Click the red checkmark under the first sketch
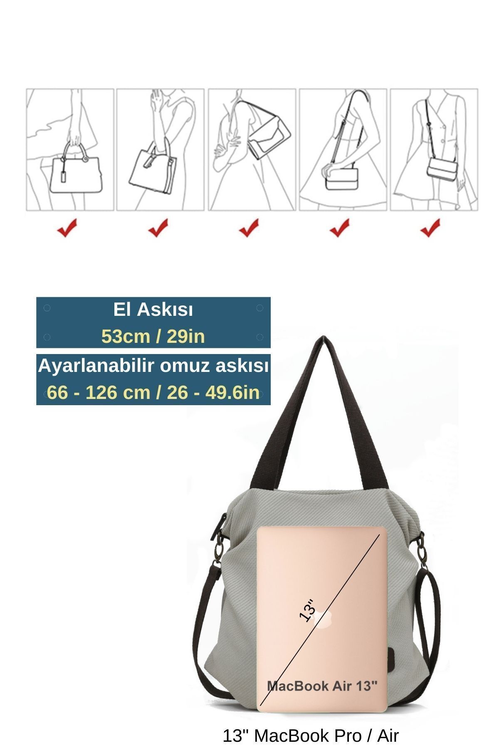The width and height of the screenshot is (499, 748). pos(67,228)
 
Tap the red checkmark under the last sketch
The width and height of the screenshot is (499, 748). pos(430,228)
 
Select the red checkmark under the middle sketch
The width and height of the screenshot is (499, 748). pos(249,228)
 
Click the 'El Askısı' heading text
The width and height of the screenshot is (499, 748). pos(153,310)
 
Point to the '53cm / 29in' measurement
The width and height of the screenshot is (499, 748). pos(153,336)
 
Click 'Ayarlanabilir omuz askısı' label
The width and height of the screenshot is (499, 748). pos(153,366)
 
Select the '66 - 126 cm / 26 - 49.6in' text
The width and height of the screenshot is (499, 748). pos(153,392)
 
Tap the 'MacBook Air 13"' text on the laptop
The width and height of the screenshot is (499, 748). pos(322,686)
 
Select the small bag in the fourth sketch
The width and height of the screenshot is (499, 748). pos(342,178)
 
